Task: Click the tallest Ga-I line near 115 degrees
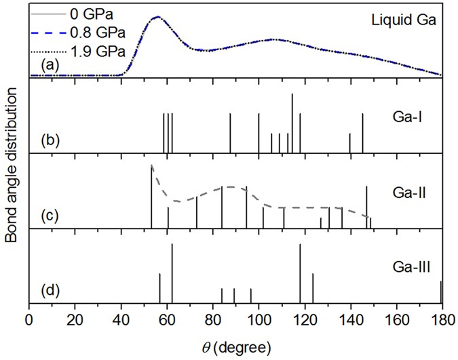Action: (x=292, y=122)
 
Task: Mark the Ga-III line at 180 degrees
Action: (x=441, y=292)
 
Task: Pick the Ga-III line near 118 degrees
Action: (x=300, y=274)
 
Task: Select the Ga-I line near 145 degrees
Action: (x=362, y=133)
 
